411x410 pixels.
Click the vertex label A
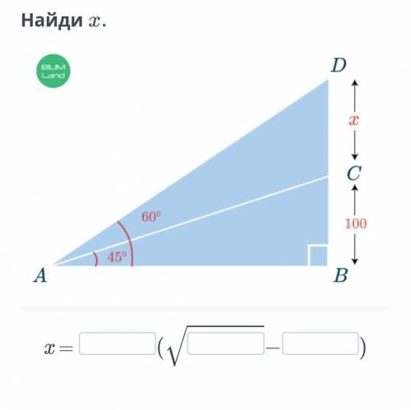point(40,275)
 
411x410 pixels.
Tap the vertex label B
point(341,275)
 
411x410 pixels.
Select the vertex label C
point(353,173)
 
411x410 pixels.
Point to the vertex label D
point(339,65)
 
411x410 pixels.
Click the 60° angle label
point(151,216)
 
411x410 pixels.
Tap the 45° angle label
point(117,256)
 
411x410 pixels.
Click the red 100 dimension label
point(355,223)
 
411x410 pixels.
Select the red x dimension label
point(354,120)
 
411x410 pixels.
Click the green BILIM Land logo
point(53,71)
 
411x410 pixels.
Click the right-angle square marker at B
point(317,256)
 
